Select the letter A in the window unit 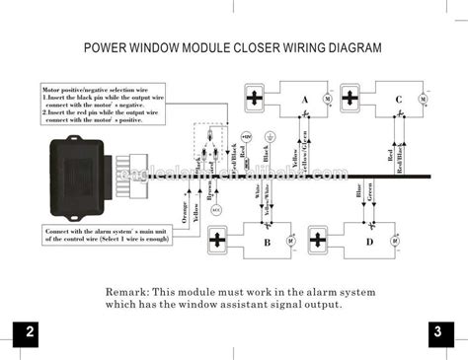[x=304, y=100]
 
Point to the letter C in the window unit [x=397, y=100]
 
